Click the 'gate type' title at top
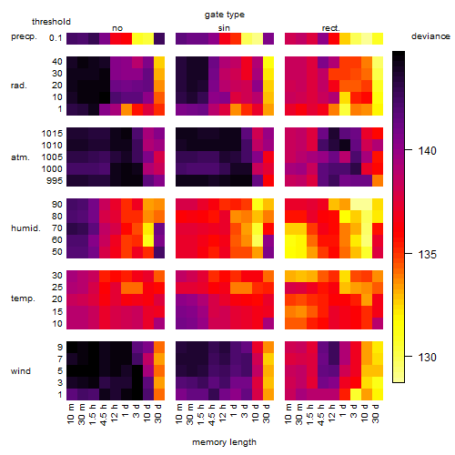click(x=225, y=15)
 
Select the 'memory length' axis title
click(x=224, y=442)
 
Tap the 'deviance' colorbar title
click(x=430, y=36)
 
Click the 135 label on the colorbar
click(x=428, y=254)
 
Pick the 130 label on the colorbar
click(x=428, y=358)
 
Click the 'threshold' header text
click(x=51, y=22)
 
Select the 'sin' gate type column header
click(x=224, y=28)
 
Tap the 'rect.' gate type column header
click(x=331, y=28)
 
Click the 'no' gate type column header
click(x=117, y=28)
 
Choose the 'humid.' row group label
click(x=25, y=228)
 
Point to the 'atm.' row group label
click(x=20, y=157)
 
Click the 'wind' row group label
click(x=21, y=371)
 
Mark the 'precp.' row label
click(x=24, y=37)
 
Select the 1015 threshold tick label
click(x=52, y=134)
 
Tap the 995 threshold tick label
click(x=55, y=181)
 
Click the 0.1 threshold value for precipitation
click(x=56, y=38)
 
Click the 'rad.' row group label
click(x=19, y=86)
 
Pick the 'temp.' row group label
click(x=23, y=298)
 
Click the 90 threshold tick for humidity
click(x=56, y=205)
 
